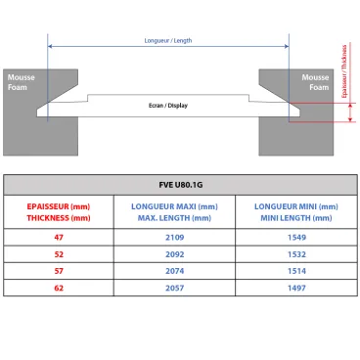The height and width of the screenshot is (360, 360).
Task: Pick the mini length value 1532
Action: point(295,251)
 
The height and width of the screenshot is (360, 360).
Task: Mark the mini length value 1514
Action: point(295,269)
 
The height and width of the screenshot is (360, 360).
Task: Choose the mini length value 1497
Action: point(295,287)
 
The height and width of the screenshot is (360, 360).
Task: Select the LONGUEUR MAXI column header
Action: point(175,211)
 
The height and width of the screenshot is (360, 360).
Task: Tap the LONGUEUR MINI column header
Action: point(295,211)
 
